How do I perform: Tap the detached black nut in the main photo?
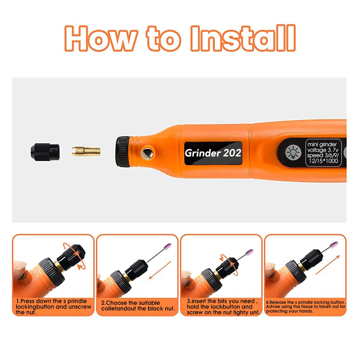(45, 151)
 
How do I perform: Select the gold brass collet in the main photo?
(86, 152)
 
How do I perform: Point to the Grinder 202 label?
(213, 153)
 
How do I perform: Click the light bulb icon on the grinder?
(293, 152)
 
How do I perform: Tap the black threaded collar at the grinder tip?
(123, 152)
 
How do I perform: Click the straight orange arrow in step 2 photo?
(160, 270)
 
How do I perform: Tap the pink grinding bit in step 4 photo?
(335, 245)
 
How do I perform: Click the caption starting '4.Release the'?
(305, 307)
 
